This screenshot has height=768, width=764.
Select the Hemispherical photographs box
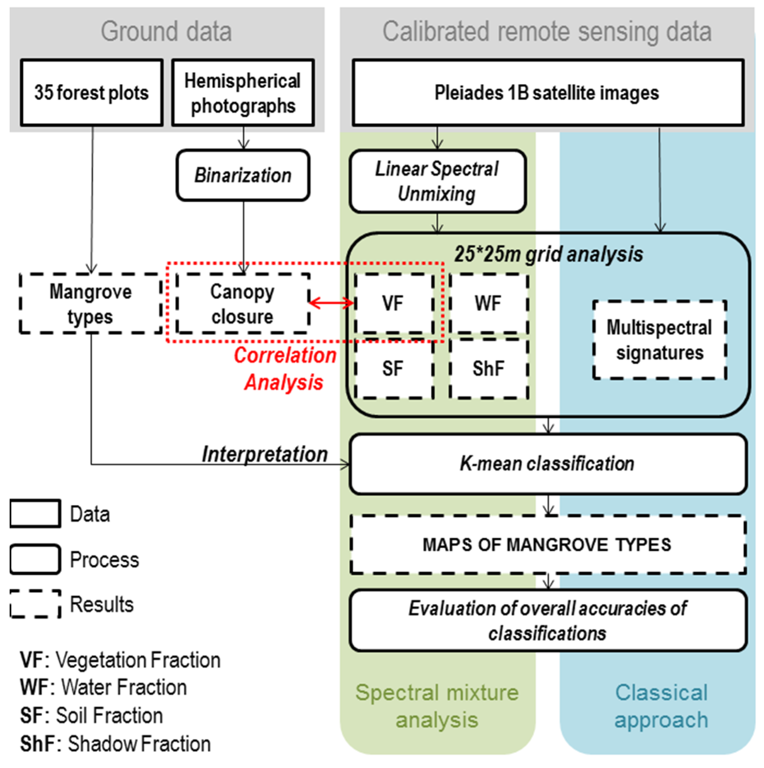click(x=243, y=93)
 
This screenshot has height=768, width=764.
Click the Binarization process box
click(x=243, y=175)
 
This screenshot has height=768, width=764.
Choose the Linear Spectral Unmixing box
click(x=437, y=181)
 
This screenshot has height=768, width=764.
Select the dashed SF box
click(x=393, y=369)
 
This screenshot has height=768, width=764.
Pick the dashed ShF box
click(x=489, y=369)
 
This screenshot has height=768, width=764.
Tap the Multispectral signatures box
click(x=659, y=340)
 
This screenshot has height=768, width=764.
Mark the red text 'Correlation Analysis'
click(x=285, y=369)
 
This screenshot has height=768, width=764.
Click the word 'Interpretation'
click(x=265, y=454)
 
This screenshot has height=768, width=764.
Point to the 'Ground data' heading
click(x=166, y=32)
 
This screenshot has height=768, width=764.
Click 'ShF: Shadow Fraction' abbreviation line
click(x=115, y=744)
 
